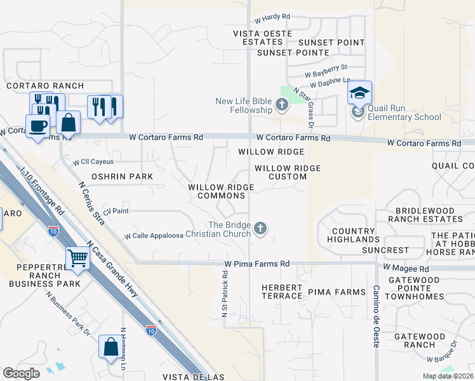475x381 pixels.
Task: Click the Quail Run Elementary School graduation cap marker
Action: point(359,93)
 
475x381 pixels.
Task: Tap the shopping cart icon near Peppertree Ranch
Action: point(78,258)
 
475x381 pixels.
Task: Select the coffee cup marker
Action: point(37,125)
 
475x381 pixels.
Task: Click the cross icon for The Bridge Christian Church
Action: point(260,228)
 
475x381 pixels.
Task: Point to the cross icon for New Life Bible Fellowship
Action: point(282,104)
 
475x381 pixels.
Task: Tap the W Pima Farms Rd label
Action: point(257,264)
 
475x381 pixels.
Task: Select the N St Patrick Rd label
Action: point(225,292)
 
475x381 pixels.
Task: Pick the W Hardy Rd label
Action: point(272,18)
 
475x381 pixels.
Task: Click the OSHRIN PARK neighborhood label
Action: point(114,176)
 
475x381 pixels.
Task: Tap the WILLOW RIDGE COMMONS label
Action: point(221,191)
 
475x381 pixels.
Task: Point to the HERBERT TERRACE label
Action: point(282,292)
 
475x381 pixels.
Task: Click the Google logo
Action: point(21,373)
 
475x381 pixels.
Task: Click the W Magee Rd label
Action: point(411,269)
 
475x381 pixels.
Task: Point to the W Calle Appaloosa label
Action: point(154,236)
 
